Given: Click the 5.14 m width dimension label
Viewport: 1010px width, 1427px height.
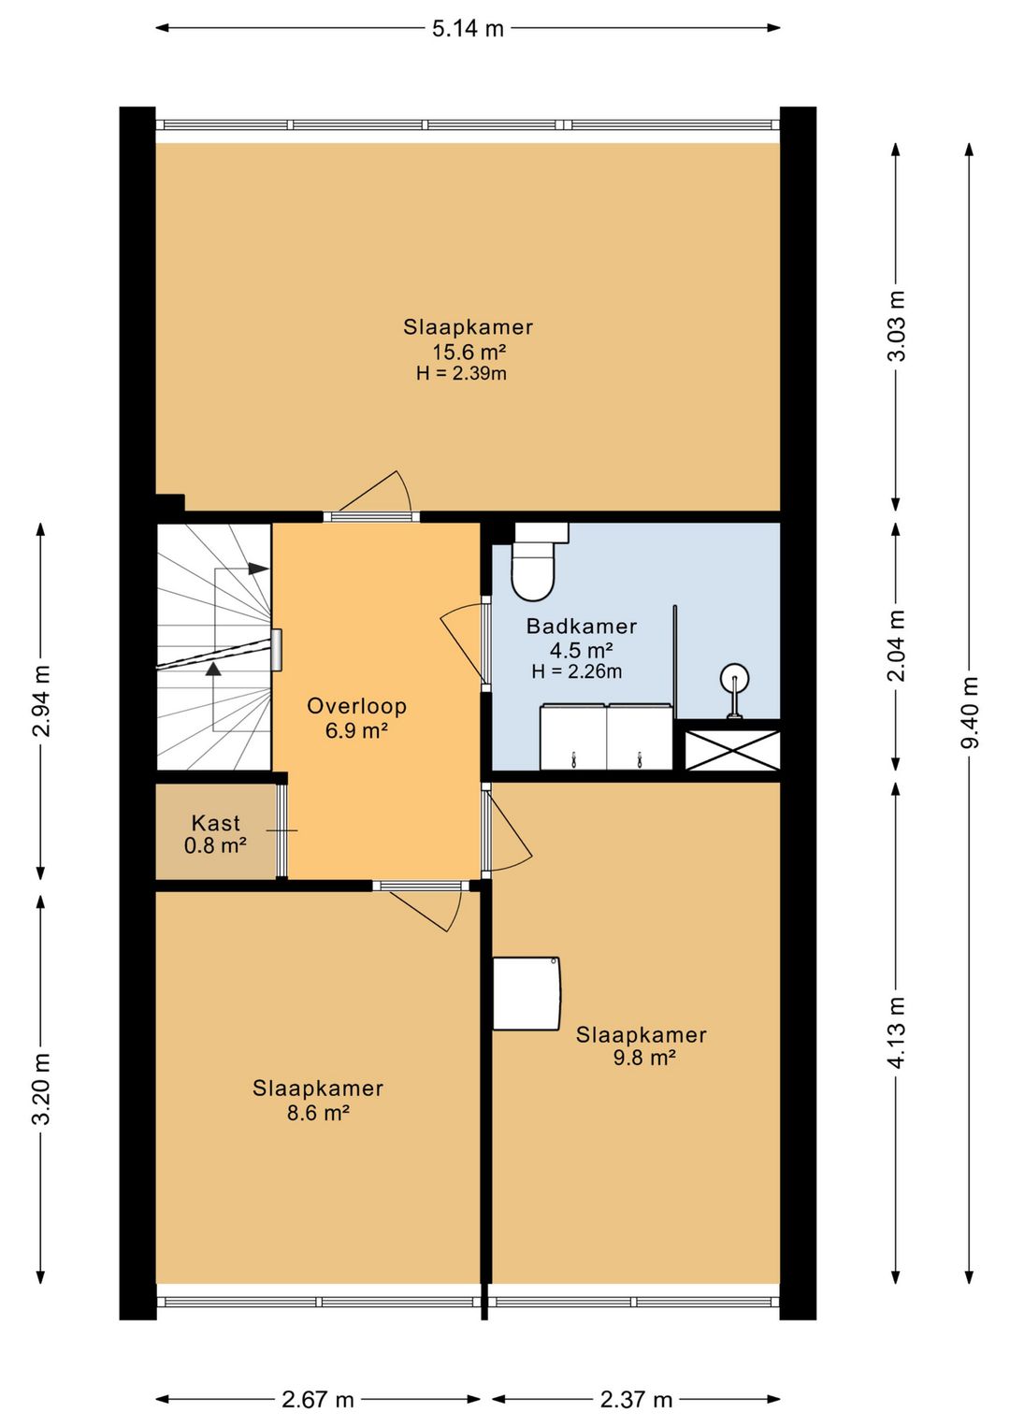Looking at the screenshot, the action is (x=468, y=28).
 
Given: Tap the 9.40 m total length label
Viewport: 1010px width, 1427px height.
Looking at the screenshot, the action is (x=970, y=712).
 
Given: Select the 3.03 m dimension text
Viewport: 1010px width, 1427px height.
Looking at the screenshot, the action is (x=896, y=325).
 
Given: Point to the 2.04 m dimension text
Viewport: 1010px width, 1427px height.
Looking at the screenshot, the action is (x=896, y=645).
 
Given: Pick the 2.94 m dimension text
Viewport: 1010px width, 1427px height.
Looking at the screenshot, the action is (x=41, y=700).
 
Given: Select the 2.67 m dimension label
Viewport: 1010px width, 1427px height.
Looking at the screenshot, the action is (x=318, y=1400).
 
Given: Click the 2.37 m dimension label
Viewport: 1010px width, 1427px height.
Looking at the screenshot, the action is (x=636, y=1400).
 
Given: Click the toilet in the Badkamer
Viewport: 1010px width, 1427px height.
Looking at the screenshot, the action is (x=537, y=561).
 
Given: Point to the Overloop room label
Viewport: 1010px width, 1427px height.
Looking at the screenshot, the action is (x=357, y=706).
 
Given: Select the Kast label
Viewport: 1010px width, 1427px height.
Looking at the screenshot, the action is (x=215, y=823).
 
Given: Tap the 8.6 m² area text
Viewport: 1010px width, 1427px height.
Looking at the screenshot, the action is (x=318, y=1112).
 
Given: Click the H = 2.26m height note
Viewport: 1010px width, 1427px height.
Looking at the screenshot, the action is (x=577, y=671).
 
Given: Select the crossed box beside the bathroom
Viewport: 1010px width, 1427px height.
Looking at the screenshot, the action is (x=732, y=750).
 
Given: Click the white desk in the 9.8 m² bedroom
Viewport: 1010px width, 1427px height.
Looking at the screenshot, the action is (x=527, y=993).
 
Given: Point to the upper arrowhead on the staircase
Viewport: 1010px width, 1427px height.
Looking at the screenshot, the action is (x=258, y=569).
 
